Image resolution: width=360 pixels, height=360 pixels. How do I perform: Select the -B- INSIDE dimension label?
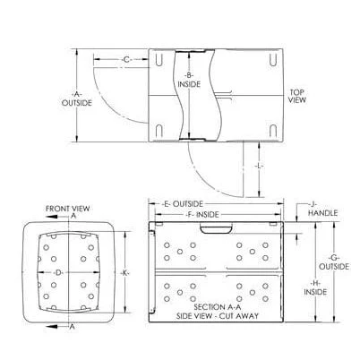pyautogui.click(x=188, y=80)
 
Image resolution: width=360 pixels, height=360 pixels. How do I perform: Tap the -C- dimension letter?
pyautogui.click(x=126, y=60)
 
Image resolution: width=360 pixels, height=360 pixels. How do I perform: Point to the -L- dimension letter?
pyautogui.click(x=258, y=167)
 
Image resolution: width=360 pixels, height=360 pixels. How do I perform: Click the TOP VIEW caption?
pyautogui.click(x=297, y=96)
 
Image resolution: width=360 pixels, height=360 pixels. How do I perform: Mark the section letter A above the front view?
pyautogui.click(x=71, y=217)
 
